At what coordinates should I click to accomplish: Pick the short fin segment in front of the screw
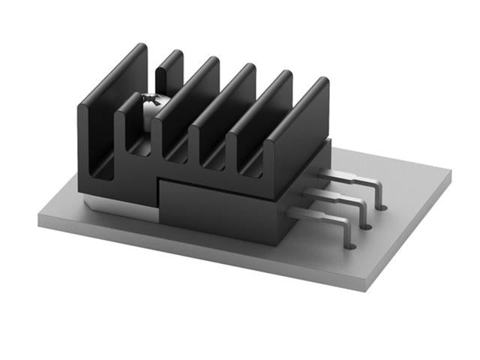[x=127, y=124]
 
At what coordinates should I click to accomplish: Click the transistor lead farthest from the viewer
[x=352, y=178]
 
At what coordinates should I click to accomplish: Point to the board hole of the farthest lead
[x=381, y=204]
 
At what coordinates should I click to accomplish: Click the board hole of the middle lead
[x=367, y=224]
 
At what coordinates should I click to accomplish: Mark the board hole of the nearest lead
[x=350, y=244]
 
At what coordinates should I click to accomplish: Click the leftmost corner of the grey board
[x=37, y=219]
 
